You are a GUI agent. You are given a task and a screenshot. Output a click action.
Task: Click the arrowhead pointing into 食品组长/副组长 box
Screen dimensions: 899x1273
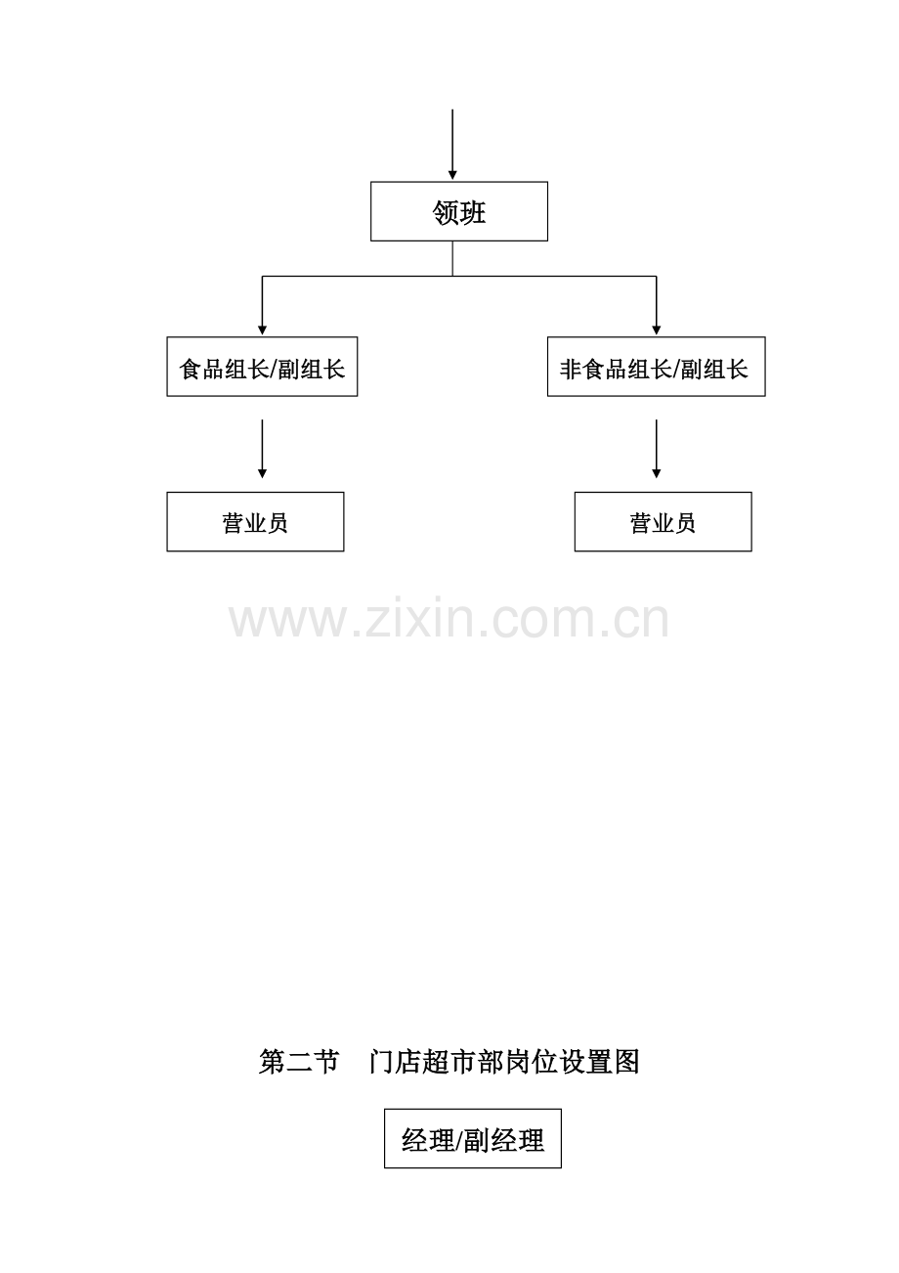262,330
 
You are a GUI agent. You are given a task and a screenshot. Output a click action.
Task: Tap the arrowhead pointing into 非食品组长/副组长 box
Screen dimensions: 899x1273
656,330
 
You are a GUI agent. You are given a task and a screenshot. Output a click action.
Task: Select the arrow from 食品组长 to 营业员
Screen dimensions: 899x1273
262,449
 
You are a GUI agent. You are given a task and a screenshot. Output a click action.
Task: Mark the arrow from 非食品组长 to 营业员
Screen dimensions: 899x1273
656,449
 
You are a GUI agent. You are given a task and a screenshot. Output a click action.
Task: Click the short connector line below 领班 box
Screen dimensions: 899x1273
452,258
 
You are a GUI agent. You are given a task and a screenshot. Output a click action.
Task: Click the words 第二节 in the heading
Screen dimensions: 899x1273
299,1062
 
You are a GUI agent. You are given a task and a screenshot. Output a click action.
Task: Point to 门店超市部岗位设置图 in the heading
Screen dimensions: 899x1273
504,1062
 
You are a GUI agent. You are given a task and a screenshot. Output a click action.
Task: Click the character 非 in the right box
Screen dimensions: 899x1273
570,369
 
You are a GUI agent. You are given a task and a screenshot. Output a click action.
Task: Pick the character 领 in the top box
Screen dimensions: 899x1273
446,213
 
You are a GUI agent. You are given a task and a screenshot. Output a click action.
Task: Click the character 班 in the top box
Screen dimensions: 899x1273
473,213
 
